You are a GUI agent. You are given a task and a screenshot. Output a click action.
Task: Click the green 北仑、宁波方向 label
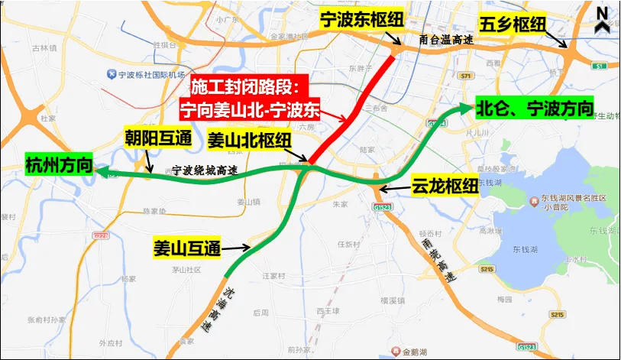pyautogui.click(x=534, y=109)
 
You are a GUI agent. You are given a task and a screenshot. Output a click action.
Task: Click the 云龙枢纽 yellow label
pyautogui.click(x=445, y=186)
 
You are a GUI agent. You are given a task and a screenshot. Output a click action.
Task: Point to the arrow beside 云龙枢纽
pyautogui.click(x=393, y=187)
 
